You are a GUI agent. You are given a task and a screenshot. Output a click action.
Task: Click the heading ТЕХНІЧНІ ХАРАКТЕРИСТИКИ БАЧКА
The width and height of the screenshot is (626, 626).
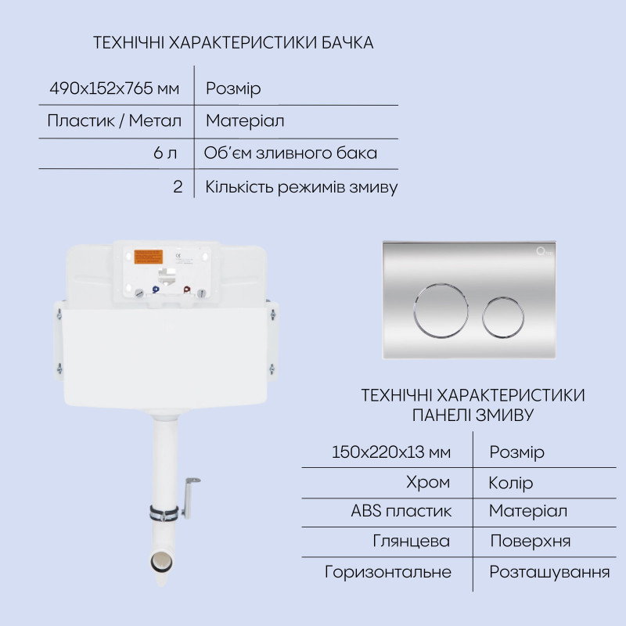[233, 43]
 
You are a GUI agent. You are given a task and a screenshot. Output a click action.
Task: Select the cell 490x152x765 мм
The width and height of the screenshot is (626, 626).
[114, 88]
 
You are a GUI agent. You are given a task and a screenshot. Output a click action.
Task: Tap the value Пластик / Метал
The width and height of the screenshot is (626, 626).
[114, 121]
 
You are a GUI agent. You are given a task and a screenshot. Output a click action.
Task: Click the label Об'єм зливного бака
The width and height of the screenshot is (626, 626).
[290, 153]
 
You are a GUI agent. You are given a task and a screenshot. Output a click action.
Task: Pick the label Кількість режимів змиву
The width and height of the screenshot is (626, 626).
[301, 187]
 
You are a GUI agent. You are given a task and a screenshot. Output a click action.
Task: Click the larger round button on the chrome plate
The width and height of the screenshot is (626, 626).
[441, 311]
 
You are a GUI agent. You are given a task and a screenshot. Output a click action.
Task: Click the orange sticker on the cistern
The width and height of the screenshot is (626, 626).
[149, 258]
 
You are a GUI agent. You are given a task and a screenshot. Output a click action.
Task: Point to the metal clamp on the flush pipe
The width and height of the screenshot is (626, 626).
[164, 513]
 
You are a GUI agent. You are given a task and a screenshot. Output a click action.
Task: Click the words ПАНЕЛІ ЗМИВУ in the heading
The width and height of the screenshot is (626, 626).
[473, 414]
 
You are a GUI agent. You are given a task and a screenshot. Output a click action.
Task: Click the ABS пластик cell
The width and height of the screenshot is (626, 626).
[401, 511]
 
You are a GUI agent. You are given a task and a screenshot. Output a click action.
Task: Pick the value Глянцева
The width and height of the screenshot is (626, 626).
[412, 541]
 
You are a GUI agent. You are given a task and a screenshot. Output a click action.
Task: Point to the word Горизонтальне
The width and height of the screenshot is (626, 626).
[388, 572]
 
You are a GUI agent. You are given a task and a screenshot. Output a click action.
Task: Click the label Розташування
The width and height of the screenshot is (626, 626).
[549, 572]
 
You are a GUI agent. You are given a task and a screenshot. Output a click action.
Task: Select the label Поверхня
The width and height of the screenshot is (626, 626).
[530, 541]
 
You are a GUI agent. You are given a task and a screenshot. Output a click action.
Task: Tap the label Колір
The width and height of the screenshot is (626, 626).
[511, 482]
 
